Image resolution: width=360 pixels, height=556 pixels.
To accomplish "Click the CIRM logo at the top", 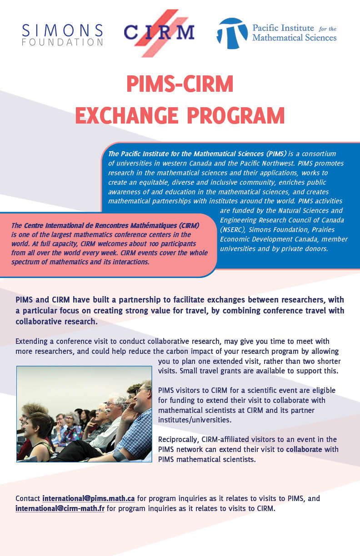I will [x=159, y=32].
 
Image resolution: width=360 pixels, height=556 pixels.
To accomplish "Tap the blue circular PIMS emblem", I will [x=232, y=34].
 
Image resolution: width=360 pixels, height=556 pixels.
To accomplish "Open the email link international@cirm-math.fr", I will [x=60, y=508].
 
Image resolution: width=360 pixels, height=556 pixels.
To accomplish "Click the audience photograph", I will [x=84, y=414].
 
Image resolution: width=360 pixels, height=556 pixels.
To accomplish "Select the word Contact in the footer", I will [x=28, y=499].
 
